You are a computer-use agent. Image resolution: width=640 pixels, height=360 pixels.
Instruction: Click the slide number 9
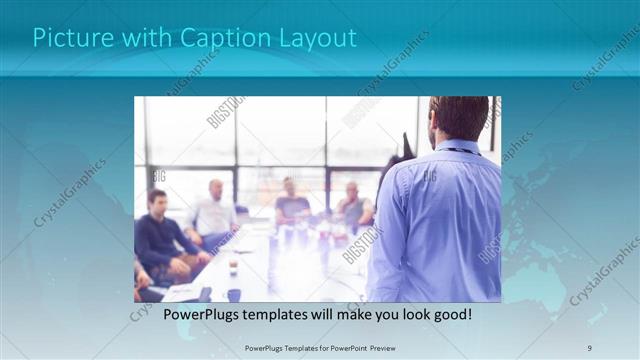click(590, 347)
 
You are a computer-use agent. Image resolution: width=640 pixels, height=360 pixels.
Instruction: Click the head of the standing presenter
click(459, 117)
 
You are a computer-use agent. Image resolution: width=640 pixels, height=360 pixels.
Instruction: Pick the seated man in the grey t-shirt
click(291, 205)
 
